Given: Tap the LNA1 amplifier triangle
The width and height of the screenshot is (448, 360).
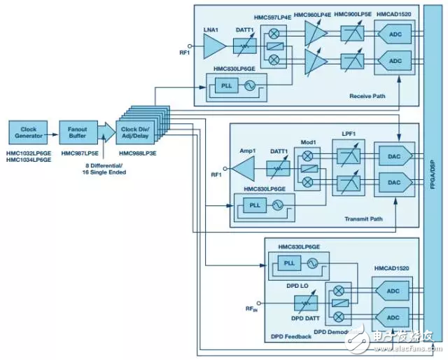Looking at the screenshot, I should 213,47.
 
